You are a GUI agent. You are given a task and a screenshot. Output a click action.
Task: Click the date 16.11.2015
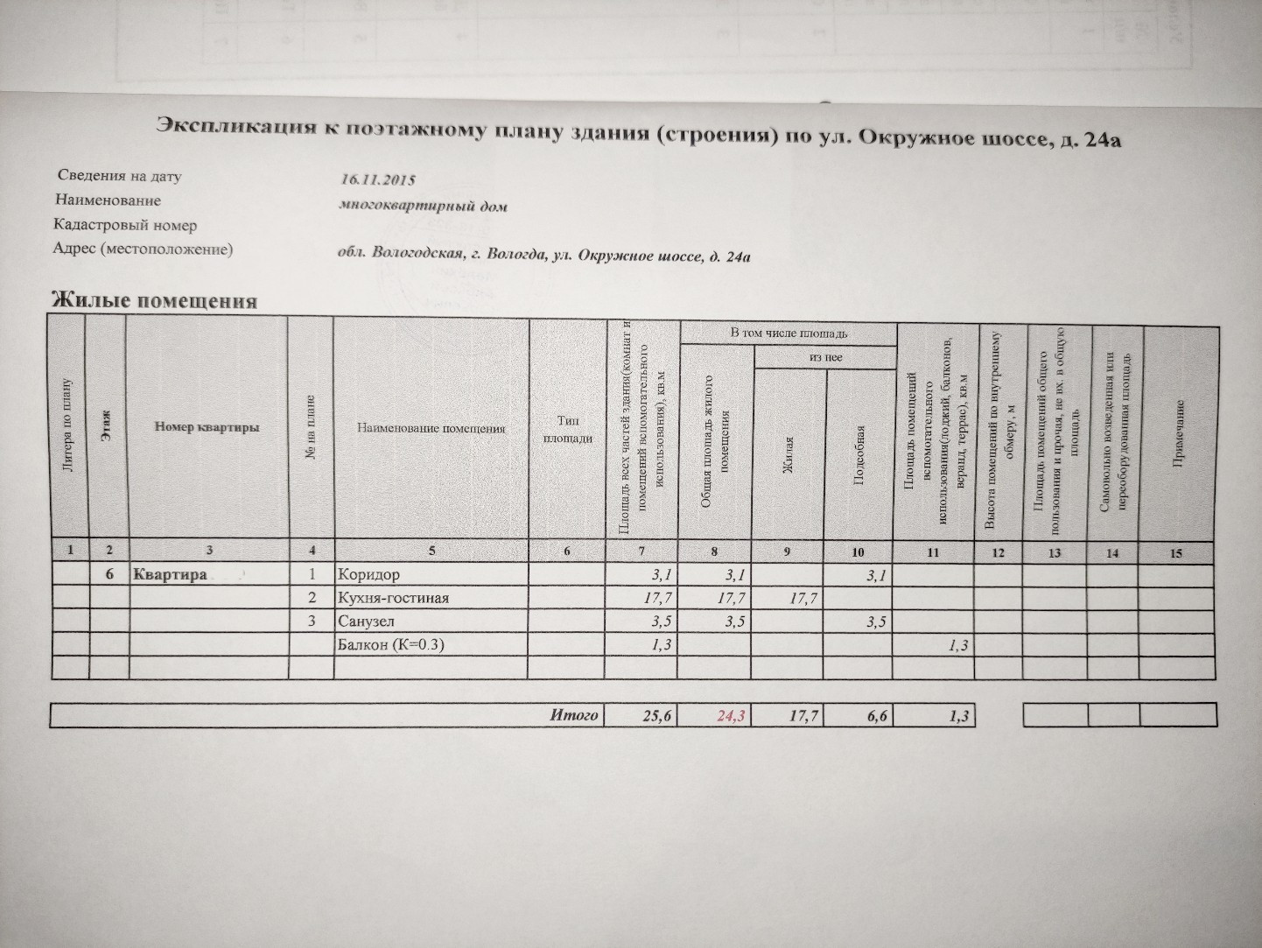[377, 179]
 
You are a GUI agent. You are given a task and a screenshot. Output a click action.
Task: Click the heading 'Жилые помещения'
[154, 300]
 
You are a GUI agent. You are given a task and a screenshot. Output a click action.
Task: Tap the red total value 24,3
[731, 716]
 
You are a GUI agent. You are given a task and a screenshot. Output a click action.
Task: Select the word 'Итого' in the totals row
[574, 715]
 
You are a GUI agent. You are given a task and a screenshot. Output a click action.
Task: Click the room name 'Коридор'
[368, 574]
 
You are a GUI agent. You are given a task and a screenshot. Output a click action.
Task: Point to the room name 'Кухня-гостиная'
[393, 598]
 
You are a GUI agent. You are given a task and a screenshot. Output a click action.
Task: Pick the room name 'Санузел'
[367, 621]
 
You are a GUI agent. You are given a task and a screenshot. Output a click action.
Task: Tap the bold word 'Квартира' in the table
[171, 574]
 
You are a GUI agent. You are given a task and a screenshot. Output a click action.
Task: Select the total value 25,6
[657, 716]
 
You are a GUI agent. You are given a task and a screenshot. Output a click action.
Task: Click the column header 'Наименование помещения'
[431, 428]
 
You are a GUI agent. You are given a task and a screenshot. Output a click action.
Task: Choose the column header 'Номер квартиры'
[207, 427]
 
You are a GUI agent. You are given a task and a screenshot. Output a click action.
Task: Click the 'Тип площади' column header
[568, 429]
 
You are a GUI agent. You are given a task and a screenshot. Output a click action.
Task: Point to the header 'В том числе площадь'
[789, 334]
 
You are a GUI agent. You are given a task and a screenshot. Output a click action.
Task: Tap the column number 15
[1176, 553]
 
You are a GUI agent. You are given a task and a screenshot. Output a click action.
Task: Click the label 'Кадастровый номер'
[125, 225]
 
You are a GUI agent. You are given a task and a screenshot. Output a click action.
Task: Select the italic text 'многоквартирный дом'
[424, 206]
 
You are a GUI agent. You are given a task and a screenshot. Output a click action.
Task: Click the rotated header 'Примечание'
[1179, 433]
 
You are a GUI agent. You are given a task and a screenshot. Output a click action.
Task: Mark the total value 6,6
[878, 716]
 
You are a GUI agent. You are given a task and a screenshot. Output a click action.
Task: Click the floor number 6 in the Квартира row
[109, 574]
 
